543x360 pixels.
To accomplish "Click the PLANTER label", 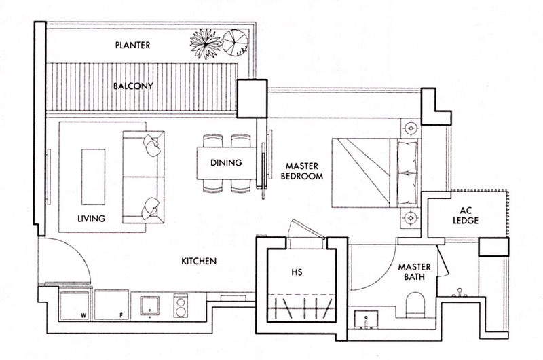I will click(x=132, y=46).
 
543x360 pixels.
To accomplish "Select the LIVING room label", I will click(x=94, y=219).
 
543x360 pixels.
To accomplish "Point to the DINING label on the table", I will click(x=227, y=163).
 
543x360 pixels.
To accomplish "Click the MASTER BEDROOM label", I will click(x=303, y=170).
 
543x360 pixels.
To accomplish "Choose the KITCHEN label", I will click(x=198, y=261).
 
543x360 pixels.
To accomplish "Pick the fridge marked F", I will click(x=111, y=304).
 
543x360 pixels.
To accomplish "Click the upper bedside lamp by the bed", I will click(x=410, y=126).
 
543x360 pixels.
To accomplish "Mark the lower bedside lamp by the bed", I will click(x=410, y=218).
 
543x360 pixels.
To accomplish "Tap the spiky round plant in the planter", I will click(x=204, y=43).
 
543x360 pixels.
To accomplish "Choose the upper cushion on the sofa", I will click(x=151, y=143).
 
